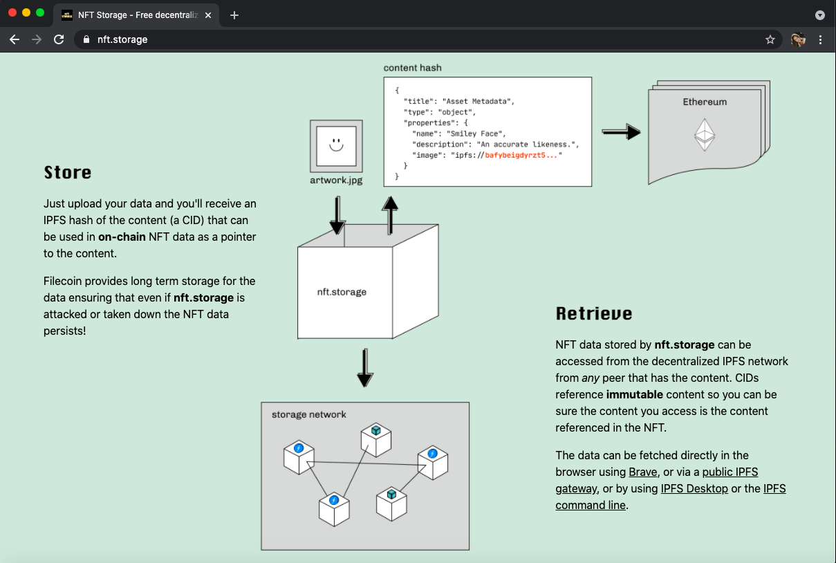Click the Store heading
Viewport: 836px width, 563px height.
pyautogui.click(x=68, y=172)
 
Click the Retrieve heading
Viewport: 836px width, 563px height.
pyautogui.click(x=594, y=313)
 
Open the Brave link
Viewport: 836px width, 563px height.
pyautogui.click(x=642, y=472)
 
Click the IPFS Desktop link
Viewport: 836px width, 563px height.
pyautogui.click(x=694, y=488)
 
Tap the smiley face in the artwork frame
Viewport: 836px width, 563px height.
pyautogui.click(x=336, y=145)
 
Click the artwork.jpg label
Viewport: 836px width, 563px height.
pyautogui.click(x=336, y=181)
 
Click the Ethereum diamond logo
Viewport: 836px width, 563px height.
pyautogui.click(x=704, y=135)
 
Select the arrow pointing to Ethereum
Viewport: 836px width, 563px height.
pyautogui.click(x=621, y=131)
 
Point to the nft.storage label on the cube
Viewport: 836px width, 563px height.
pyautogui.click(x=342, y=292)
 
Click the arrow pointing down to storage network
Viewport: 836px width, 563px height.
pyautogui.click(x=365, y=368)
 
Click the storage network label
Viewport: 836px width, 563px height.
pyautogui.click(x=308, y=414)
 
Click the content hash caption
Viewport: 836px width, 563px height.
pyautogui.click(x=412, y=68)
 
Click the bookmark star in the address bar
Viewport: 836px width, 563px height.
pyautogui.click(x=770, y=39)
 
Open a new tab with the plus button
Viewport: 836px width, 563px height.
pyautogui.click(x=234, y=15)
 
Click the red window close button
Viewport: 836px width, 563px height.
pyautogui.click(x=12, y=13)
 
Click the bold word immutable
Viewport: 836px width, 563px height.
pyautogui.click(x=635, y=394)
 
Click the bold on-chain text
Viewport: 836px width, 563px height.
pyautogui.click(x=122, y=237)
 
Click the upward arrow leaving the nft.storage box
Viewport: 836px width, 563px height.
pyautogui.click(x=391, y=214)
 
